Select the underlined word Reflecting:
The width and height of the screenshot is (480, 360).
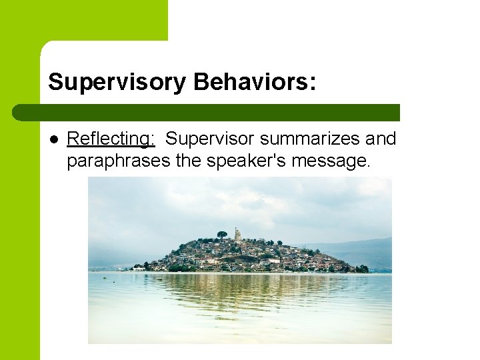click(x=111, y=139)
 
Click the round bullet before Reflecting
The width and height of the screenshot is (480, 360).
click(x=54, y=139)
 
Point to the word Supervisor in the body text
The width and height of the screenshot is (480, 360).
click(x=210, y=139)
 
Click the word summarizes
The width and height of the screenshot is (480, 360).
click(x=311, y=139)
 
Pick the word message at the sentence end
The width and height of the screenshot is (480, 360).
click(x=335, y=160)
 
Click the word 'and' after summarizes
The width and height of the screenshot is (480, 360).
click(x=382, y=139)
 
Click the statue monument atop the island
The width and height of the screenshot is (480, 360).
click(x=237, y=233)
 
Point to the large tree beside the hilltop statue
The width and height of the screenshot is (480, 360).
click(x=221, y=234)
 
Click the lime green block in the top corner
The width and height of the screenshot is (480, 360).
click(x=83, y=20)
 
